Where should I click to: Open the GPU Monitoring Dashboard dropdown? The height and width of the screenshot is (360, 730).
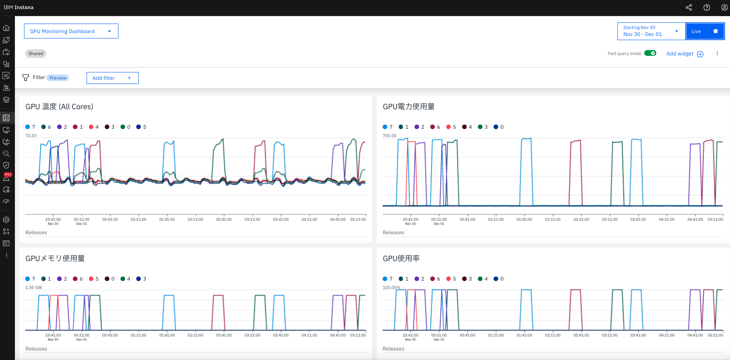pyautogui.click(x=71, y=31)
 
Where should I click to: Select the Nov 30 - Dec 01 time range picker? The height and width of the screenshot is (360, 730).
pyautogui.click(x=651, y=31)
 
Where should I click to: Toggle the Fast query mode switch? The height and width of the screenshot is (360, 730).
pyautogui.click(x=650, y=53)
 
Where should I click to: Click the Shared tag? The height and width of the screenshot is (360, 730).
pyautogui.click(x=36, y=53)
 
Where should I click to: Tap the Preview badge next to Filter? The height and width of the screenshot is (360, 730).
pyautogui.click(x=58, y=78)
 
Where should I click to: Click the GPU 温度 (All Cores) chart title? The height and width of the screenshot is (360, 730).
pyautogui.click(x=59, y=107)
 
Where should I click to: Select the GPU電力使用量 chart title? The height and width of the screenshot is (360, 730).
pyautogui.click(x=408, y=107)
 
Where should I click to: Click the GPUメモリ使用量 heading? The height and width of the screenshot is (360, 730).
pyautogui.click(x=55, y=259)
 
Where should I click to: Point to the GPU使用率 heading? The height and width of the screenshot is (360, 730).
pyautogui.click(x=401, y=259)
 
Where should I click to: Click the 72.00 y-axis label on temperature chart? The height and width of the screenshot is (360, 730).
pyautogui.click(x=31, y=136)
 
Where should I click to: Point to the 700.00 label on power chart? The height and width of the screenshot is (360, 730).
pyautogui.click(x=389, y=136)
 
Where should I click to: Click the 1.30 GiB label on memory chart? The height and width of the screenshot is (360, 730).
pyautogui.click(x=34, y=288)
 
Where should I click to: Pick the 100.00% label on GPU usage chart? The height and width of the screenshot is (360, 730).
pyautogui.click(x=391, y=288)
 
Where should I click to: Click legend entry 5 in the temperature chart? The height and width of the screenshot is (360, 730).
pyautogui.click(x=142, y=127)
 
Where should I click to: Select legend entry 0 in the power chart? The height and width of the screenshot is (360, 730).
pyautogui.click(x=499, y=127)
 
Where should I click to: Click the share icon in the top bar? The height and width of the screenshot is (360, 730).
pyautogui.click(x=689, y=7)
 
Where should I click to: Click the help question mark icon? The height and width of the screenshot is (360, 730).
pyautogui.click(x=707, y=7)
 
